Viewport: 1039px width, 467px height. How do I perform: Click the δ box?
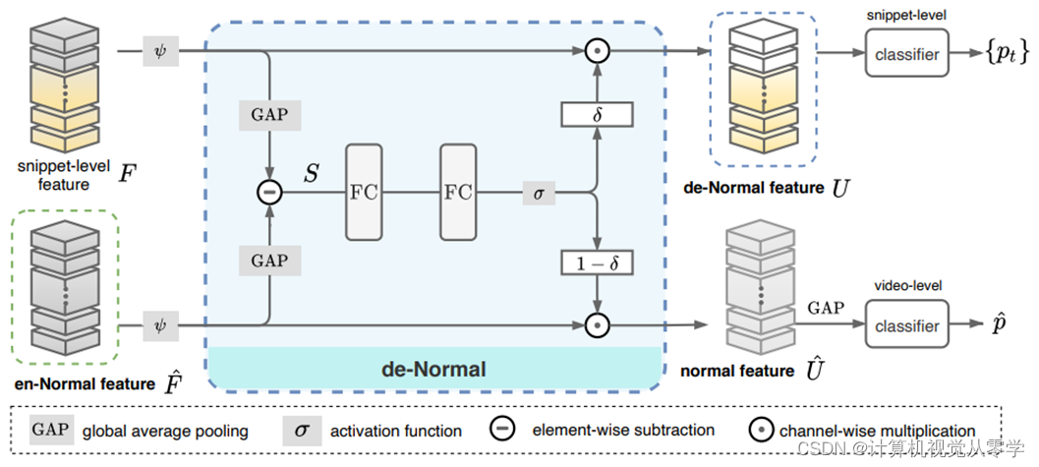597,114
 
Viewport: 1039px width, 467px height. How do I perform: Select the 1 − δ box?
597,263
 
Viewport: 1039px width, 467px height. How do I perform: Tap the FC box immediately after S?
363,192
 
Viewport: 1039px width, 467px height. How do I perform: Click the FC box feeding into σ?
458,192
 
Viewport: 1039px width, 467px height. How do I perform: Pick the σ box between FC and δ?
538,193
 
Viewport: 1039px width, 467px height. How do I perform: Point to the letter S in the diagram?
310,175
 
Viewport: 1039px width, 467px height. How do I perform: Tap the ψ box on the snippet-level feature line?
161,49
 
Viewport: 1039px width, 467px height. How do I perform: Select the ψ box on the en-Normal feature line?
161,324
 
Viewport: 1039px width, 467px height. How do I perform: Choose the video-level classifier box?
906,325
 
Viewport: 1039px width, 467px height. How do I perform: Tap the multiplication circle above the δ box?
596,49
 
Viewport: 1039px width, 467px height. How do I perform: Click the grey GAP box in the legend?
50,430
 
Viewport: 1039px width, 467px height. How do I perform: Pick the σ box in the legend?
303,430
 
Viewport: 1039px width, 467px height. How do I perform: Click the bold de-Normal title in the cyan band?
433,370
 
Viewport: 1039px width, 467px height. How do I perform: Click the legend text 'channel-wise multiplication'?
877,431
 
